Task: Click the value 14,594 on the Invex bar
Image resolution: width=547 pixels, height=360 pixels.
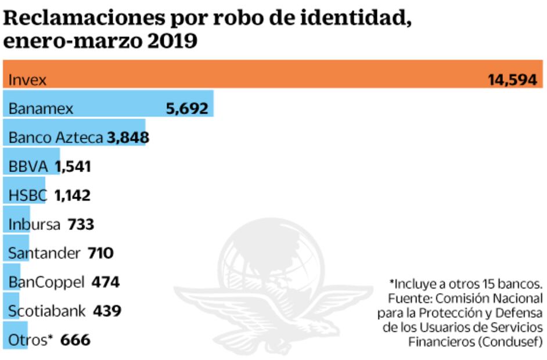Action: click(x=512, y=80)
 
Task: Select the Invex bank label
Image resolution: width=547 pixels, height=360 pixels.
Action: click(x=27, y=80)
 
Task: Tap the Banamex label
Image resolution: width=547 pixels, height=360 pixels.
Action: click(x=41, y=109)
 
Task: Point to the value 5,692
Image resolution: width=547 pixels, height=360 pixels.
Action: click(x=186, y=109)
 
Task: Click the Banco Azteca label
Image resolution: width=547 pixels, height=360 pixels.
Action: click(x=56, y=138)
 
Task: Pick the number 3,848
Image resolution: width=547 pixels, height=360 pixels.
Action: click(x=128, y=138)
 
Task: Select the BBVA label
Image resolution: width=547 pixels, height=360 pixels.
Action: click(x=28, y=167)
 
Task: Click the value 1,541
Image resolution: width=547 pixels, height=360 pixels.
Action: click(x=73, y=167)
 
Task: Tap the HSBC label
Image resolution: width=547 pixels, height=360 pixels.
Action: click(x=28, y=195)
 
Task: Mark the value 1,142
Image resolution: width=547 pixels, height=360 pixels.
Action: click(x=73, y=195)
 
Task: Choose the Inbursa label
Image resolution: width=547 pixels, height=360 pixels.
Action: click(x=34, y=224)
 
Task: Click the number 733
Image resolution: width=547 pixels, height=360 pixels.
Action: click(x=81, y=224)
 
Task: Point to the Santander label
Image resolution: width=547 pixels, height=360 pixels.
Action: click(x=44, y=253)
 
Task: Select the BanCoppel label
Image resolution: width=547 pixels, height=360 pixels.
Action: click(x=46, y=282)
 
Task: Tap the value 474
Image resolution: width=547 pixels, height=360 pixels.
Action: click(x=105, y=282)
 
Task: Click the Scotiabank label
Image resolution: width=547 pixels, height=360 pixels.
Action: click(x=48, y=311)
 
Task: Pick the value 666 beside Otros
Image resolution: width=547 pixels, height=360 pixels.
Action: click(x=75, y=340)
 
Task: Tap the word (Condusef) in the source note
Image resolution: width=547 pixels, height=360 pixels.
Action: click(x=511, y=342)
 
